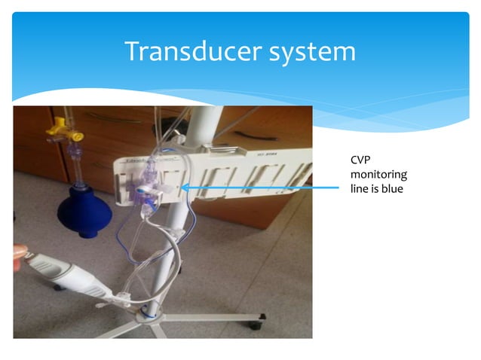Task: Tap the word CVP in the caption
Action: pos(361,160)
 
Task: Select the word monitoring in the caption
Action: pos(378,174)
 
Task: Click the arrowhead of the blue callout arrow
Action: pos(183,188)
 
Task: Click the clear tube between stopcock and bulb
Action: pos(76,166)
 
